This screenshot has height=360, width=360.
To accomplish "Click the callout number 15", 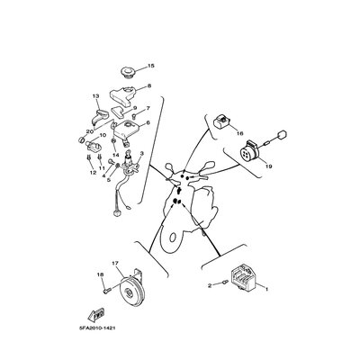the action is click(150, 66).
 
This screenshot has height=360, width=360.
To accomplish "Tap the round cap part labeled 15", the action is click(128, 73).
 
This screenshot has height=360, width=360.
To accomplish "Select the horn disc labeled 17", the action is click(131, 291).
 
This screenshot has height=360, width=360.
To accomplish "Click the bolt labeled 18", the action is click(107, 290).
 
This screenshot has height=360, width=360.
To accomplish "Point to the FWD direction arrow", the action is click(96, 314).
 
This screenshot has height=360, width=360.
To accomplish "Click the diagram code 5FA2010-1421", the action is click(95, 328).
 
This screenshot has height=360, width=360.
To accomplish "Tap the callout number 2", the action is click(210, 285).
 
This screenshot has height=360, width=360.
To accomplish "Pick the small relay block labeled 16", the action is click(221, 121).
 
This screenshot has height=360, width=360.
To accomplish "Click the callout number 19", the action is click(269, 166).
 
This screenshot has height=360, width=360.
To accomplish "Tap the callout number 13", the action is click(95, 96).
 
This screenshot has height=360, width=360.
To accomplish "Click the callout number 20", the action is click(90, 131).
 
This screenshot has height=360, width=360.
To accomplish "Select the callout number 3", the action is click(142, 153).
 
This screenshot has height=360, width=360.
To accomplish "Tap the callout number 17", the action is click(115, 263).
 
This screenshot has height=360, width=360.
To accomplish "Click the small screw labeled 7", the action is click(135, 115).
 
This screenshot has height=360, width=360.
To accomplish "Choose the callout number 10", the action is click(103, 135).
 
